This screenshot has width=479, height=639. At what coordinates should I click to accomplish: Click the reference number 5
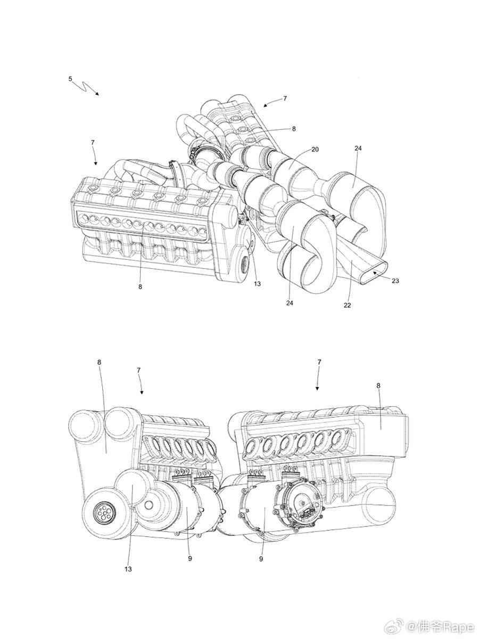click(x=70, y=79)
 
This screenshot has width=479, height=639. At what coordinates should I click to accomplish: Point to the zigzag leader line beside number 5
click(x=86, y=88)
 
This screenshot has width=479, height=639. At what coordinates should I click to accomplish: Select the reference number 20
click(x=315, y=150)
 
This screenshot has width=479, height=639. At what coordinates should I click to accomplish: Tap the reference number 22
click(x=347, y=305)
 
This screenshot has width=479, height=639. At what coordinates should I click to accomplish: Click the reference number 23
click(x=395, y=281)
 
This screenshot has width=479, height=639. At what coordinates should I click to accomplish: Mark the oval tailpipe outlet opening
click(x=374, y=272)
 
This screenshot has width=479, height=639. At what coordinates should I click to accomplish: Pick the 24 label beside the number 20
click(x=358, y=148)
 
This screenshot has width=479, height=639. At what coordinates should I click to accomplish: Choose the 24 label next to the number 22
click(x=290, y=303)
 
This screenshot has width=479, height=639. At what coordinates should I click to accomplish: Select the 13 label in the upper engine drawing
click(x=257, y=283)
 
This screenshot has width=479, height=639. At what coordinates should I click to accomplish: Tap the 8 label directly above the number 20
click(x=293, y=128)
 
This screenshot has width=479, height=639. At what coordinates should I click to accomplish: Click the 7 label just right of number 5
click(x=93, y=143)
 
